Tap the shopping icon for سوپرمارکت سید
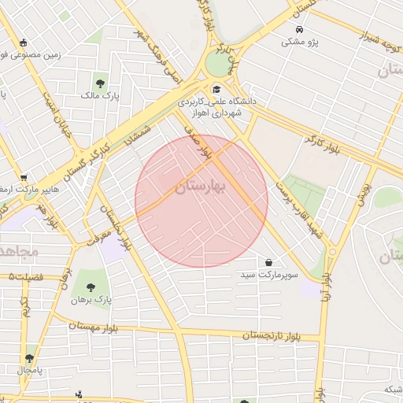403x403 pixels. coord(269,262)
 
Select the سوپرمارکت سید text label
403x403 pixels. coord(269,276)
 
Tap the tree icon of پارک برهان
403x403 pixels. coord(91,287)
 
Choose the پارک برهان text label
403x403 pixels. coord(91,301)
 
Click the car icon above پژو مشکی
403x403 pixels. coord(299,28)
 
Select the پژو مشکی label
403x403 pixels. coord(300,42)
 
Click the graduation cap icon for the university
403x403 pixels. coord(216,88)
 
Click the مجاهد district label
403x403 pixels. coord(17,252)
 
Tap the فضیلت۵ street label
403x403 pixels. coord(28,277)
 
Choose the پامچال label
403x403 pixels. coord(31,369)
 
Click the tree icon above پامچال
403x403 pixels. coord(30,357)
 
